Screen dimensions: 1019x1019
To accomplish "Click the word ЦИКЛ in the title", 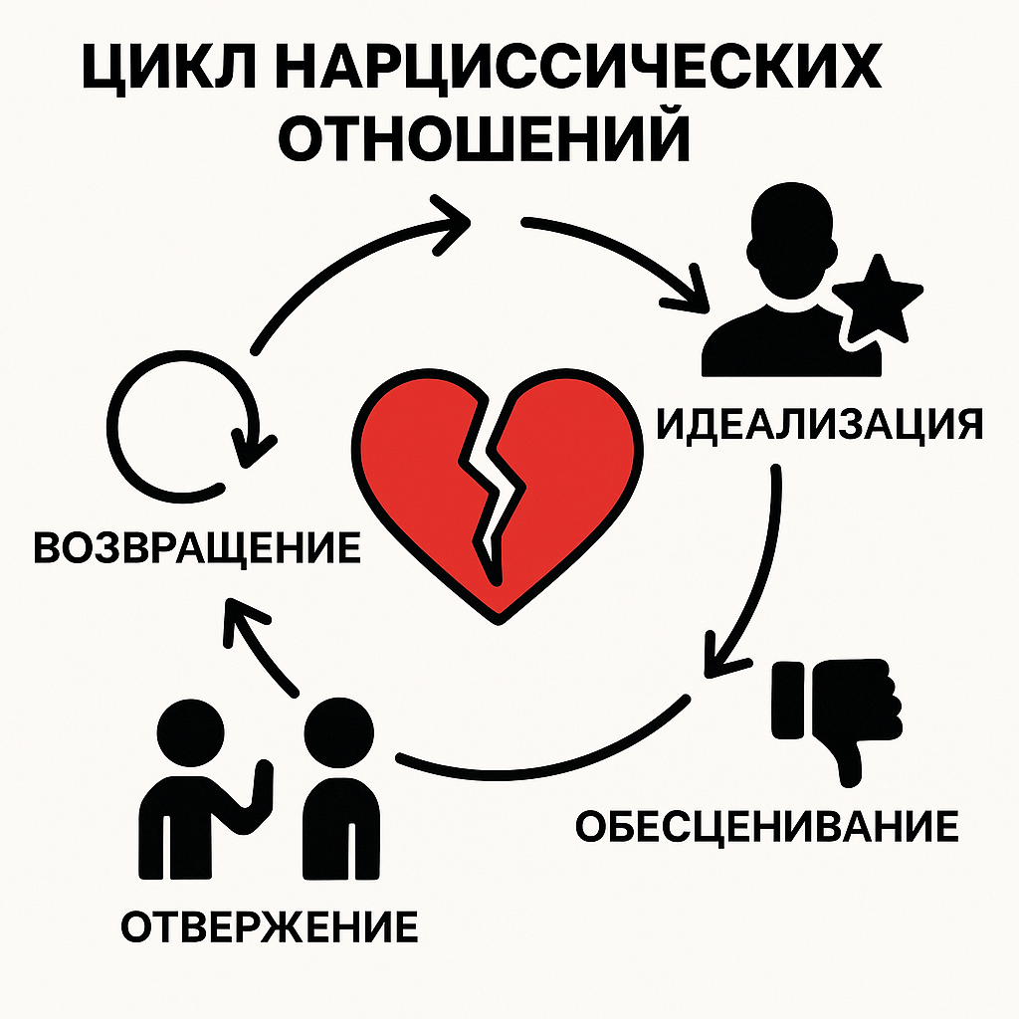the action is [169, 69].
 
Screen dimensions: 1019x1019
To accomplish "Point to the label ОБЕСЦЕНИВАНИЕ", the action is [767, 826].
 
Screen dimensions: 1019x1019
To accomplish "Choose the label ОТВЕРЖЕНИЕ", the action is [270, 926].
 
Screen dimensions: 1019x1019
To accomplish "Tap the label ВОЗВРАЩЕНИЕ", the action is [197, 547].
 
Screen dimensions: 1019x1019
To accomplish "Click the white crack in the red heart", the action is [492, 491].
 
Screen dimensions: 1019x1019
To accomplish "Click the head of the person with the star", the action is [791, 241].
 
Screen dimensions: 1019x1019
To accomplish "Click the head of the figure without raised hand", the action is [338, 732].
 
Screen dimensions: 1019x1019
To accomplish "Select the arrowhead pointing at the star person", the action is [689, 292].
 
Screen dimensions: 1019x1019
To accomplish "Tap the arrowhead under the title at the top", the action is [450, 224].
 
